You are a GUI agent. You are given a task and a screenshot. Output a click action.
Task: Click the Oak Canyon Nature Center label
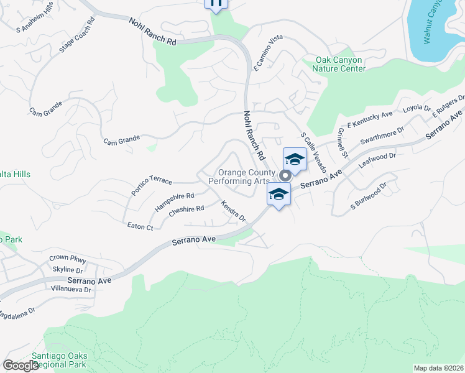tap(340, 64)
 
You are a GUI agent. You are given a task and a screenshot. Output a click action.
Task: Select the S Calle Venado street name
tap(313, 149)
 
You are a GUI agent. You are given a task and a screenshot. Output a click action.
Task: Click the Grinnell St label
tap(342, 144)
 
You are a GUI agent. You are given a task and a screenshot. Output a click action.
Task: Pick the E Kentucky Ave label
tap(371, 119)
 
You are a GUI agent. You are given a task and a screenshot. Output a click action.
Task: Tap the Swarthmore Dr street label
tap(382, 136)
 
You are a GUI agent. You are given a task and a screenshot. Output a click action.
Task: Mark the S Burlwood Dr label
tap(369, 195)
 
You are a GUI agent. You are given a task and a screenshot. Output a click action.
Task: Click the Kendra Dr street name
tap(234, 211)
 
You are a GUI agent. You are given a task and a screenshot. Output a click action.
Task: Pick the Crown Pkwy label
tap(67, 259)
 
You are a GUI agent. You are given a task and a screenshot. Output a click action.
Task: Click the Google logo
tap(21, 366)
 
